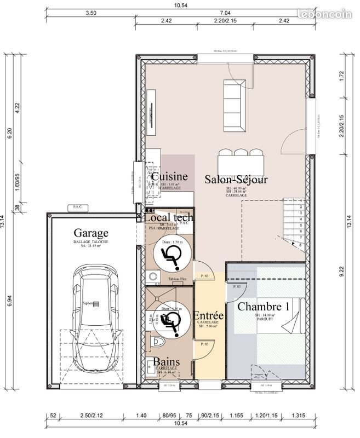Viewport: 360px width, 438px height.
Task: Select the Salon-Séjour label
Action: coord(236,179)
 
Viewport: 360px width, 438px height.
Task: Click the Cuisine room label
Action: coord(170,177)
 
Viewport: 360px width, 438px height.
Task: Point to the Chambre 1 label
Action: coord(264,306)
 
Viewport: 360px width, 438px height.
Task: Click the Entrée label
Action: coord(208,316)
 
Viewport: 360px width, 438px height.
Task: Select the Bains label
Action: coord(166,362)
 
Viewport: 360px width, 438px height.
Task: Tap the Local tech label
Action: coord(168,218)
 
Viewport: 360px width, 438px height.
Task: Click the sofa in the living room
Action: coord(235,105)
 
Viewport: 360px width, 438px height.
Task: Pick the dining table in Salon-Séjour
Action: coord(241,163)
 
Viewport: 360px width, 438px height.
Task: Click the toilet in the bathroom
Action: coord(157,343)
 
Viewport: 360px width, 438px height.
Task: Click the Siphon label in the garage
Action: coord(88,303)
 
